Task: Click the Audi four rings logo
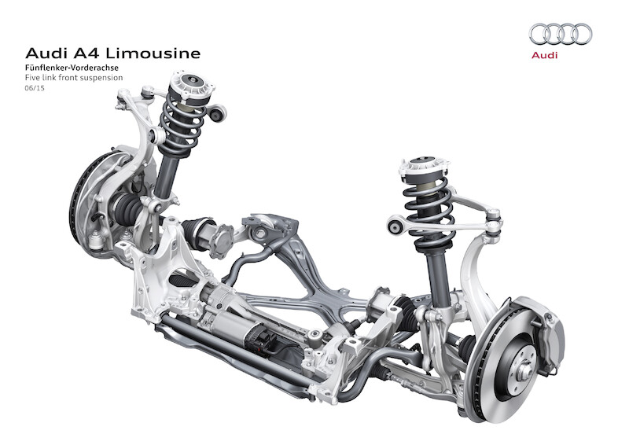click(x=561, y=34)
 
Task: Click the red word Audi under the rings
click(x=544, y=55)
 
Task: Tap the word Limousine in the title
click(x=153, y=53)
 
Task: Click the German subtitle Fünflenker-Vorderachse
click(x=72, y=68)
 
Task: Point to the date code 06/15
click(x=35, y=88)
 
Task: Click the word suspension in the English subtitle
click(x=101, y=78)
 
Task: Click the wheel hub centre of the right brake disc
click(x=524, y=373)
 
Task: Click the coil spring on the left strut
click(x=180, y=125)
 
